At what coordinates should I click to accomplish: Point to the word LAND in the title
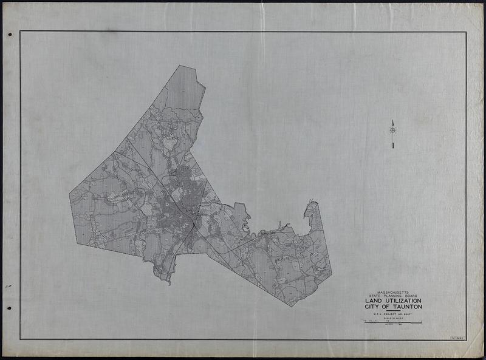tap(373, 301)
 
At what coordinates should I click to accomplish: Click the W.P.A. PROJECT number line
tap(392, 314)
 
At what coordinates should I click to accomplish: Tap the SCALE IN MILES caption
tap(392, 319)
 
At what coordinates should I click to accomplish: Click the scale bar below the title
tap(392, 322)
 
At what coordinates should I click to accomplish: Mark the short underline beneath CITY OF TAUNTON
tap(392, 311)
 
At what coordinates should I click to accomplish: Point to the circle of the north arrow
tap(392, 129)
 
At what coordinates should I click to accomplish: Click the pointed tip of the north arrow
tap(392, 120)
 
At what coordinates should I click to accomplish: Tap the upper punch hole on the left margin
tap(10, 35)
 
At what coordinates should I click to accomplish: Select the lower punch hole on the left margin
tap(9, 308)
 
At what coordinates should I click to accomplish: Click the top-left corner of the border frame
tap(20, 32)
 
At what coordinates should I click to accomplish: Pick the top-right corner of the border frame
tap(466, 32)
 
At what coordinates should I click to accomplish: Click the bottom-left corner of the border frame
tap(20, 339)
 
